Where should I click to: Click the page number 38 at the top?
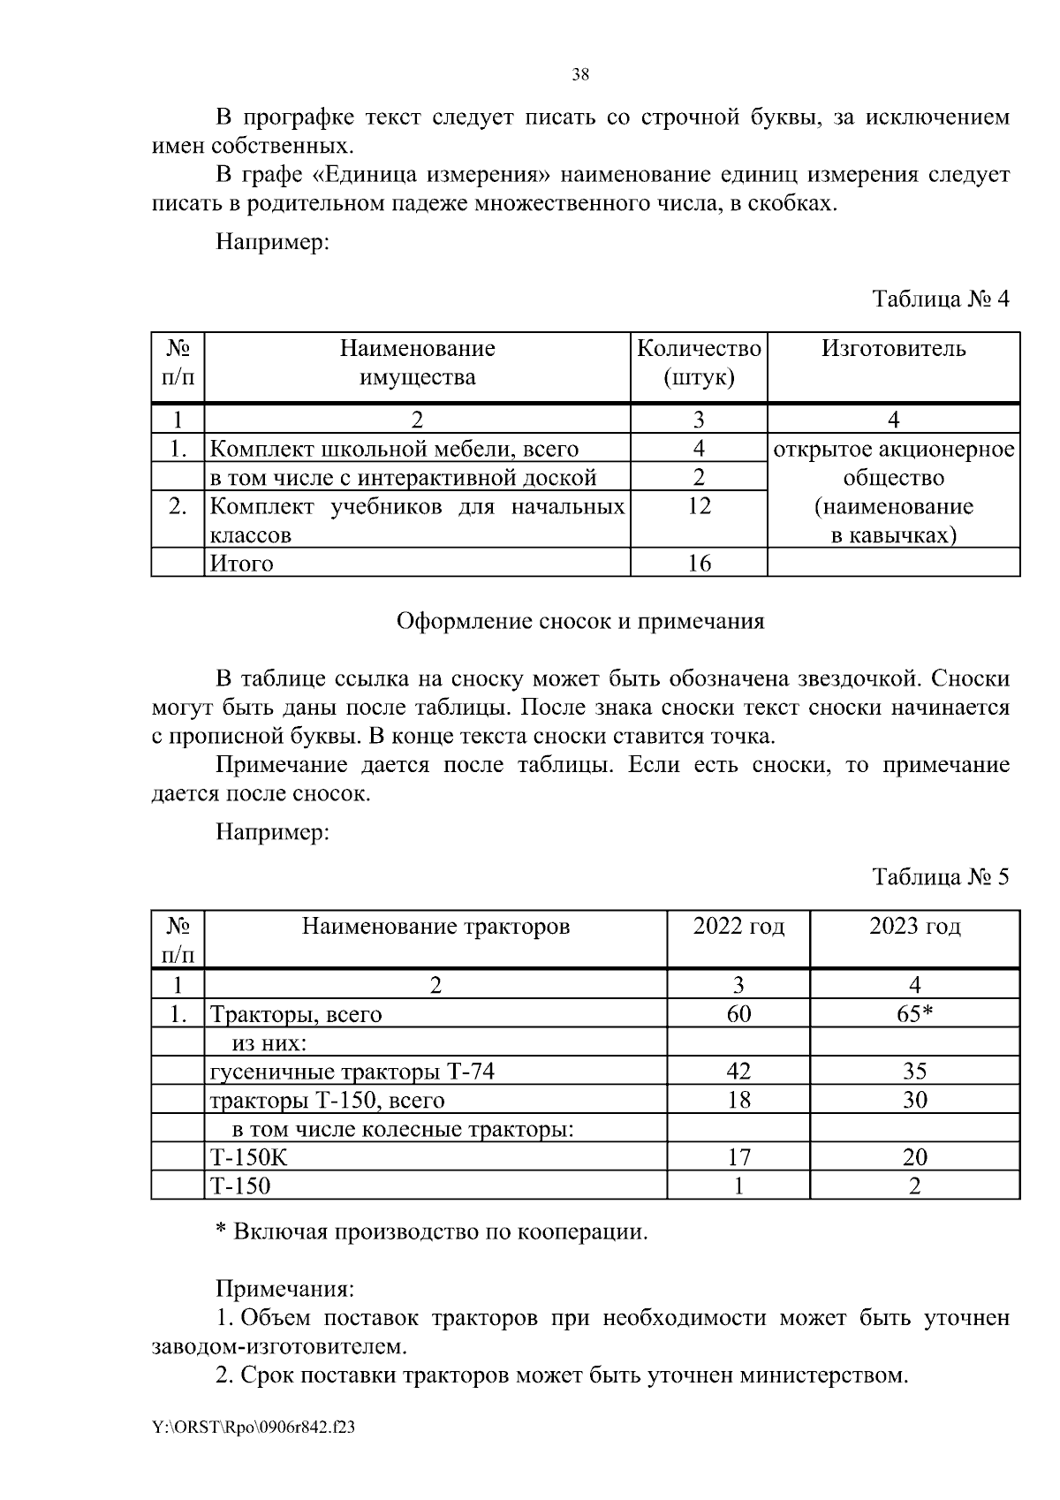pyautogui.click(x=580, y=74)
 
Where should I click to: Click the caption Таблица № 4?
pyautogui.click(x=940, y=299)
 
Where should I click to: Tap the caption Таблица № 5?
pyautogui.click(x=940, y=876)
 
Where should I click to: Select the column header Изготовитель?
pyautogui.click(x=893, y=349)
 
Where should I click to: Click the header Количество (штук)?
pyautogui.click(x=699, y=363)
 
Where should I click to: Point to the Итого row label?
pyautogui.click(x=241, y=564)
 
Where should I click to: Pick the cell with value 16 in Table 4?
pyautogui.click(x=699, y=564)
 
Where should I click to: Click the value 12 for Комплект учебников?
pyautogui.click(x=699, y=506)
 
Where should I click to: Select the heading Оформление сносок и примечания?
pyautogui.click(x=580, y=621)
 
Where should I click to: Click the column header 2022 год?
pyautogui.click(x=738, y=927)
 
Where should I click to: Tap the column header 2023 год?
pyautogui.click(x=914, y=927)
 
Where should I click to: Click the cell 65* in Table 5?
pyautogui.click(x=914, y=1014)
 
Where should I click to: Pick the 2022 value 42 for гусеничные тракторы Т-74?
pyautogui.click(x=738, y=1072)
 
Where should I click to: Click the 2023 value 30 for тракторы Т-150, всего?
pyautogui.click(x=914, y=1101)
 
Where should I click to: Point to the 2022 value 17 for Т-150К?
pyautogui.click(x=738, y=1157)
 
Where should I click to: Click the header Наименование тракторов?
pyautogui.click(x=435, y=927)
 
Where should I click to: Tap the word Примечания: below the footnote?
pyautogui.click(x=284, y=1289)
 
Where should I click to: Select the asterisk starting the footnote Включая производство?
pyautogui.click(x=222, y=1230)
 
